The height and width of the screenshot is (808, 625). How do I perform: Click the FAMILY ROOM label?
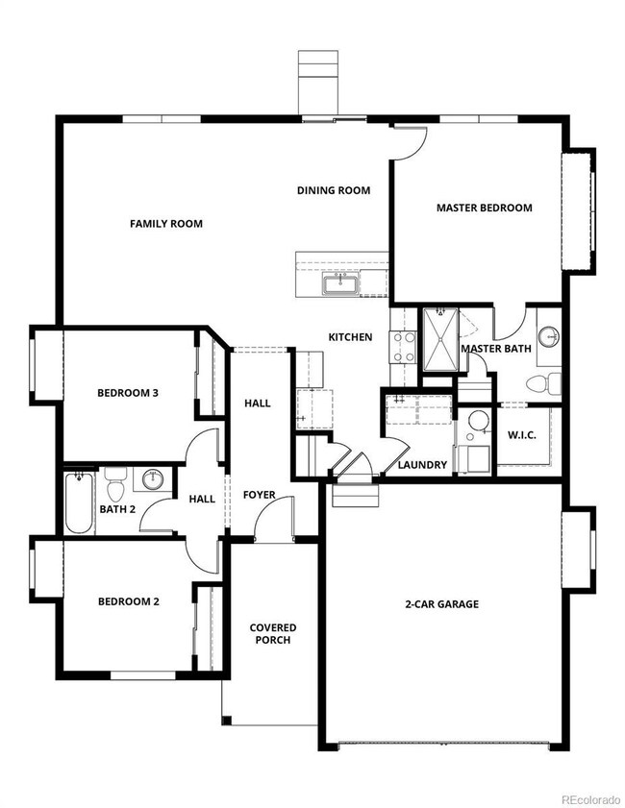(x=166, y=224)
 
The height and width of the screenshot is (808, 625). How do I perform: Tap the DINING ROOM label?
(x=334, y=190)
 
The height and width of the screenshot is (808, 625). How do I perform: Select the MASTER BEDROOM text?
(x=485, y=208)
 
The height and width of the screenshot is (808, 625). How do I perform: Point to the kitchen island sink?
(x=340, y=284)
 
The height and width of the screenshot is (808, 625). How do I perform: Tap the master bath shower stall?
(x=440, y=339)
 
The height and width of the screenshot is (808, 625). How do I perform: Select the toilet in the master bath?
(x=543, y=383)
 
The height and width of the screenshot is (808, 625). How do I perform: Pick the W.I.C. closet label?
(x=522, y=435)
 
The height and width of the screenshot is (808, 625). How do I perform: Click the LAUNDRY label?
(x=422, y=465)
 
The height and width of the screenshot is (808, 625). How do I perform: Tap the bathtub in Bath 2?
(x=79, y=502)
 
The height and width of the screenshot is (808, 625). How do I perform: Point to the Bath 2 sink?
(x=153, y=479)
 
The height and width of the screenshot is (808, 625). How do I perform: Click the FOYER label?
(x=259, y=495)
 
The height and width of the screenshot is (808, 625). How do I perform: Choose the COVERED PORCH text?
(x=273, y=634)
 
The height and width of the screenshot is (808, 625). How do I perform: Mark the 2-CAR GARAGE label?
(x=442, y=604)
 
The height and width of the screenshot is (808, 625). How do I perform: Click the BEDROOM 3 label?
(x=128, y=393)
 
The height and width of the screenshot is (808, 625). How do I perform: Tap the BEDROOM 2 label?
(x=129, y=601)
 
